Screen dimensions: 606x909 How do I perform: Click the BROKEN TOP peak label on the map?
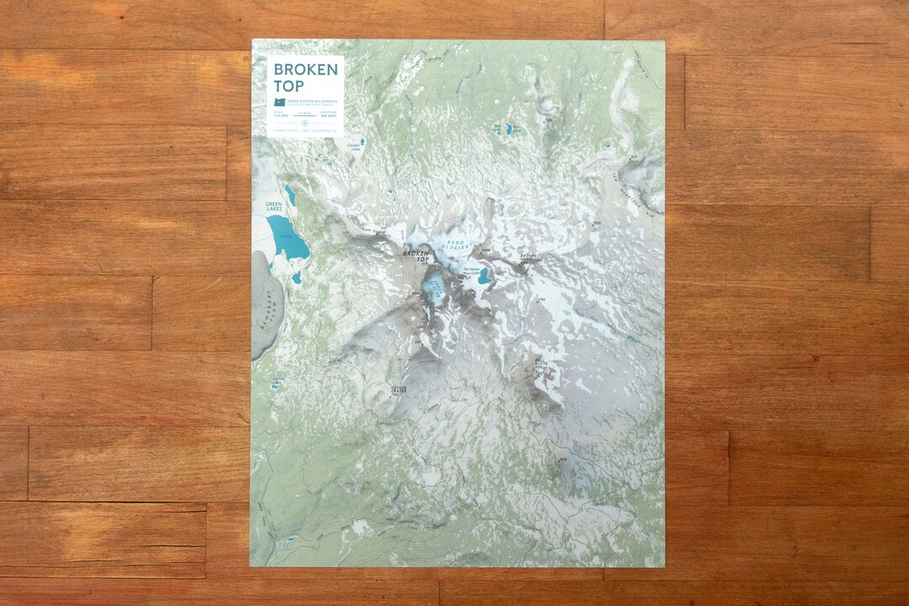click(417, 253)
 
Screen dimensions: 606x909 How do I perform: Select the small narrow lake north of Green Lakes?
click(290, 194)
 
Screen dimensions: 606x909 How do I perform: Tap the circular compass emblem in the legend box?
click(306, 123)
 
